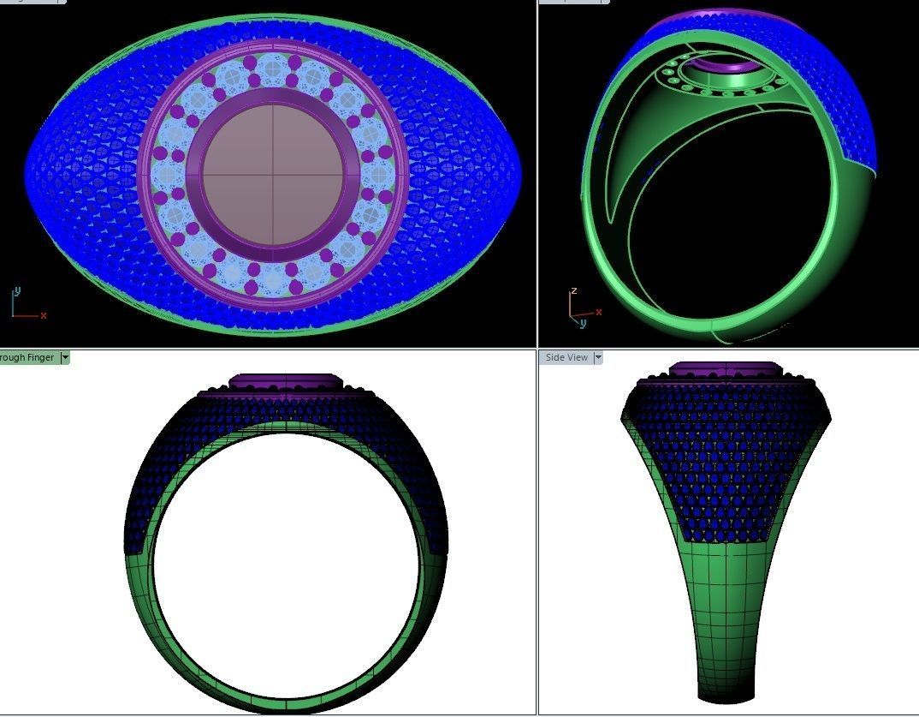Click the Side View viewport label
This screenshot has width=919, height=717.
coord(566,357)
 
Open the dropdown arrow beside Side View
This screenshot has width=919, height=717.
coord(598,357)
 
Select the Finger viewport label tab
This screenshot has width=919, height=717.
coord(27,357)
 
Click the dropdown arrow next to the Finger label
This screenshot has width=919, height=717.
coord(64,357)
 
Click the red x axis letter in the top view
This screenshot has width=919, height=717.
coord(44,315)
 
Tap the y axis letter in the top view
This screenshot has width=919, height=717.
coord(17,291)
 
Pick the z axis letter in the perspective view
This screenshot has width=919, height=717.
coord(574,291)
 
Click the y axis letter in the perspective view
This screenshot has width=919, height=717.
coord(583,323)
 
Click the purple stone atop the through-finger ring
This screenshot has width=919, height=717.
coord(286,380)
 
